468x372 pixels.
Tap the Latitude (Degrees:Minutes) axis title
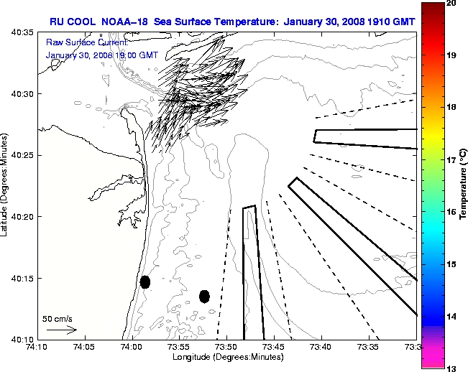click(x=6, y=185)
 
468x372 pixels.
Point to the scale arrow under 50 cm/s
click(x=62, y=330)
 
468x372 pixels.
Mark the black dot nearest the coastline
click(x=145, y=282)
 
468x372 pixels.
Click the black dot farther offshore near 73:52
click(x=204, y=296)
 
